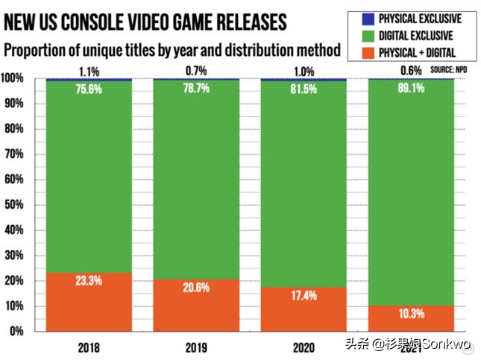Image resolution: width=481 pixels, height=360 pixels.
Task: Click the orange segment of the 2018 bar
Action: click(89, 302)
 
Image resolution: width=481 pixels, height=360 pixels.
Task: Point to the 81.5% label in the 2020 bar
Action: click(304, 88)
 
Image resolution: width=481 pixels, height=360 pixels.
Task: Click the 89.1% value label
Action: click(411, 88)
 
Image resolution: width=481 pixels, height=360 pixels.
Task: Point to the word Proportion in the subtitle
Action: click(42, 51)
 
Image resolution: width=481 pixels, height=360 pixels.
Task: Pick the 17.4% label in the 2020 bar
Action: click(304, 296)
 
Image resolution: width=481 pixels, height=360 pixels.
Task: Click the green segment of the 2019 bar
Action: click(196, 186)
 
